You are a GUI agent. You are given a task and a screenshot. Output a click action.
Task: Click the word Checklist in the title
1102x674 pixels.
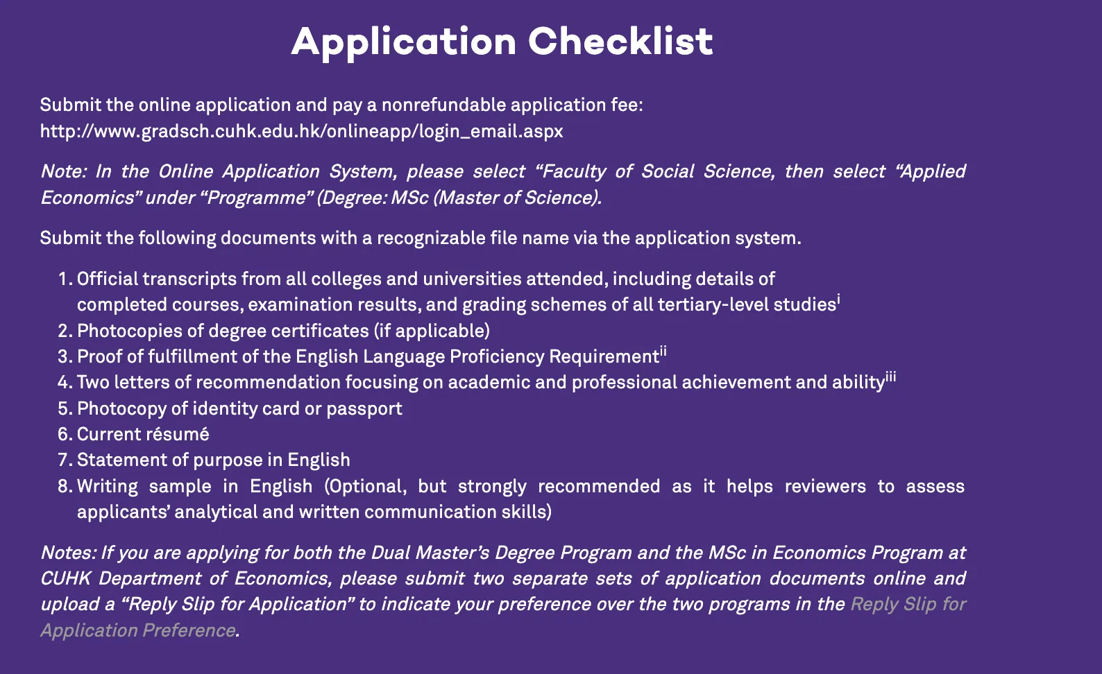click(x=620, y=41)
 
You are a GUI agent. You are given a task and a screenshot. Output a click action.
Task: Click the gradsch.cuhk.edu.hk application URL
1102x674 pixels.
click(x=302, y=131)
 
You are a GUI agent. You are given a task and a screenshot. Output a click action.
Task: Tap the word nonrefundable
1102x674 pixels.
click(x=443, y=105)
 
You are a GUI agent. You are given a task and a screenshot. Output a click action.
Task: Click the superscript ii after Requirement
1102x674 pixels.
click(x=663, y=351)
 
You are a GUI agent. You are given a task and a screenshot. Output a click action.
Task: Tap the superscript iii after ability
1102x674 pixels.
click(x=891, y=377)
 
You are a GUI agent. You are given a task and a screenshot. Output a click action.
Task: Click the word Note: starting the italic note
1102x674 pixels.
click(x=63, y=171)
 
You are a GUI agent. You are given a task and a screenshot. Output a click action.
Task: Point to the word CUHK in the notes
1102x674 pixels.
click(x=66, y=578)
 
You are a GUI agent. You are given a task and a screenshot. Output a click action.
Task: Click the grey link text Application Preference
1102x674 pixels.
click(x=138, y=630)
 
